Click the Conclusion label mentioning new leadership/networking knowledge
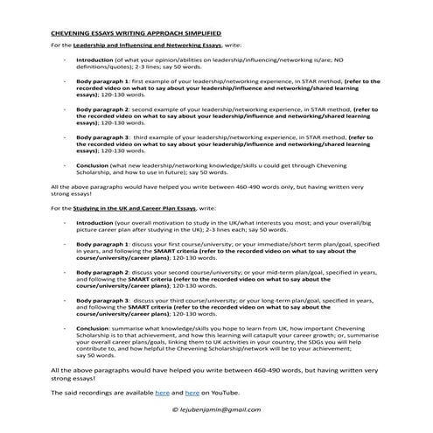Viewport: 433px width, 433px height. [x=94, y=165]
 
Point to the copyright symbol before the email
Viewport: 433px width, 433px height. [x=175, y=409]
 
